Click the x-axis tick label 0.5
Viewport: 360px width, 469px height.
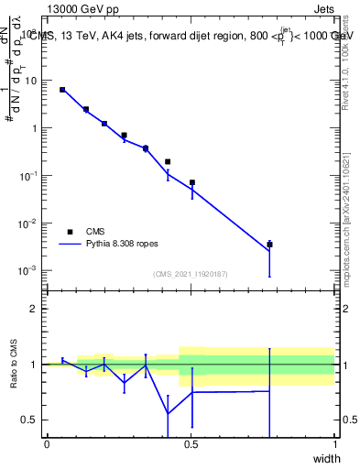pos(191,444)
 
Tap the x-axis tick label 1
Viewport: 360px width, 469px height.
pos(334,444)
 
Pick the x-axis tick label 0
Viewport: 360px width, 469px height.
pos(47,444)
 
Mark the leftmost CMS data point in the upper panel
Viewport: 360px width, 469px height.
pos(62,90)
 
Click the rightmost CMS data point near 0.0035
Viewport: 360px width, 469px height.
pos(269,245)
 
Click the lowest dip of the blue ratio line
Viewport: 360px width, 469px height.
pos(168,413)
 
